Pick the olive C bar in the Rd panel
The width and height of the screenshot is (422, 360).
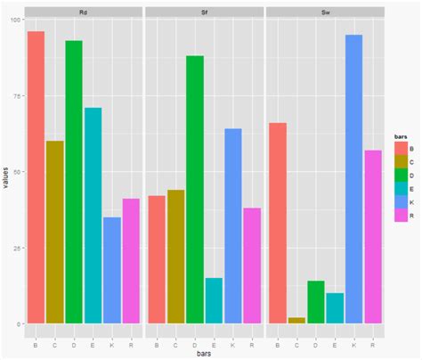(x=54, y=232)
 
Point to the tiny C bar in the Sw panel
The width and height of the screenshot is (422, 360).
(x=296, y=320)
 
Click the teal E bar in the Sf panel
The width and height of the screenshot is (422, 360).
(x=214, y=300)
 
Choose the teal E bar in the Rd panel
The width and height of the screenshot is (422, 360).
(x=93, y=215)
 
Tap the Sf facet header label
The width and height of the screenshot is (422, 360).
(x=204, y=11)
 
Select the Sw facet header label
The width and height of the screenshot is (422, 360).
(x=325, y=11)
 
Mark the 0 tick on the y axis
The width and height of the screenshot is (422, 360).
(x=20, y=323)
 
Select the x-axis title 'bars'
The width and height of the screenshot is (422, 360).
(x=205, y=353)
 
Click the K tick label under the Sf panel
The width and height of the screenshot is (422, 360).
(x=233, y=340)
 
